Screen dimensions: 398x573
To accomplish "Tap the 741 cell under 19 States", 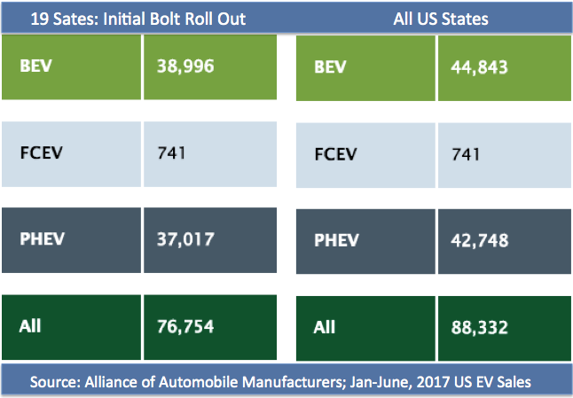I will [172, 152].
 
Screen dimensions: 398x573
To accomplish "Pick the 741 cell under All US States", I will [466, 153].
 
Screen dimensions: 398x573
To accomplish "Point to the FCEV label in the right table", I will [334, 153].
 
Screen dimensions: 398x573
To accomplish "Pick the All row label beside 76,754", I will [29, 327].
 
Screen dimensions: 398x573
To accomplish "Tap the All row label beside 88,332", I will [324, 327].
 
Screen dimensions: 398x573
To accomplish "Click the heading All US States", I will [440, 19].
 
